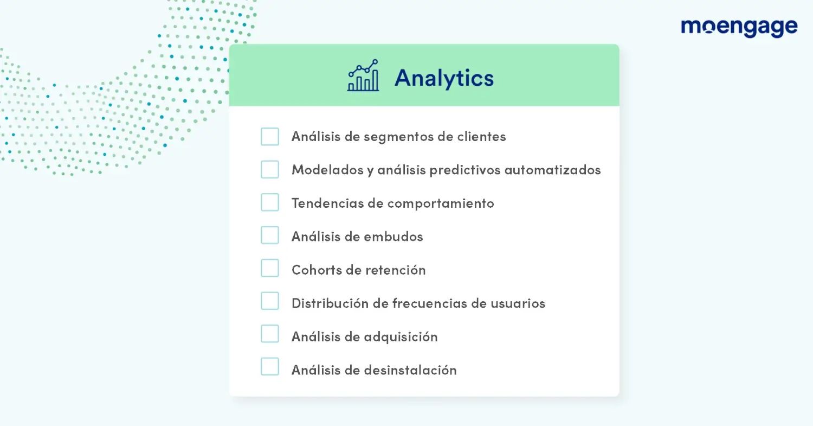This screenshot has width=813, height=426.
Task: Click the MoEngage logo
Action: [x=739, y=28]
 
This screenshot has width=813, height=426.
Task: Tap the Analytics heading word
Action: [x=444, y=78]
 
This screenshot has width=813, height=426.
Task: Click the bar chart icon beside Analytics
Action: [x=363, y=75]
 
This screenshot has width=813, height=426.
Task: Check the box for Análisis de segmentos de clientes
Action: [x=270, y=136]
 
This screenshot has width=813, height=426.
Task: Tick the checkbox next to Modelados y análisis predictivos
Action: [x=270, y=169]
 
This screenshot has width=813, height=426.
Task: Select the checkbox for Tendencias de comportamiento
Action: [x=270, y=202]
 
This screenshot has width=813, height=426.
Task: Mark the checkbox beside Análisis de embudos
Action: [x=270, y=235]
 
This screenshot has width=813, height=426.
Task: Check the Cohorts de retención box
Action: [x=270, y=268]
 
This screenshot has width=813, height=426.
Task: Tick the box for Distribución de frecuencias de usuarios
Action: [x=270, y=301]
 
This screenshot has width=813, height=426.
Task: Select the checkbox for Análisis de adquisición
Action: [x=270, y=334]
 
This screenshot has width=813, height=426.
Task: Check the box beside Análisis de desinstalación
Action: [x=270, y=366]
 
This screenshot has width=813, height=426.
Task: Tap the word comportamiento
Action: [x=441, y=204]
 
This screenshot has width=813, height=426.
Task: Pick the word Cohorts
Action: [x=317, y=270]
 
